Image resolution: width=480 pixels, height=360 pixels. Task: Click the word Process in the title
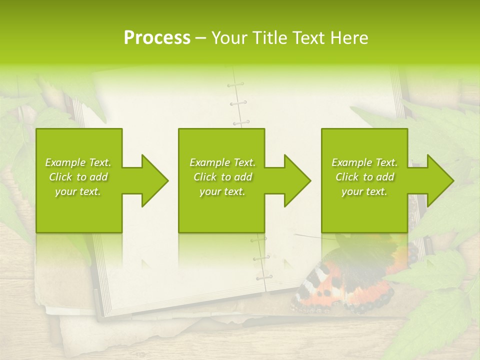click(157, 38)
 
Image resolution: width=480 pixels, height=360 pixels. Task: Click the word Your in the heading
click(230, 38)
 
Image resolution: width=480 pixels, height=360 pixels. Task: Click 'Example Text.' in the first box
click(78, 162)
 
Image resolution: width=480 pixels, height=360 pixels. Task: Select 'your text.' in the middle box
click(222, 191)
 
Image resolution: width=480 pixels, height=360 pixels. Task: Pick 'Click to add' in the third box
click(365, 177)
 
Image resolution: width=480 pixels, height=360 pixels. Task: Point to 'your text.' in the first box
click(78, 191)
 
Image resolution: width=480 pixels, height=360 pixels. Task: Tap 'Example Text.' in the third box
click(365, 162)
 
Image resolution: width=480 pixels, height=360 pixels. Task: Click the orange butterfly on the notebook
click(345, 285)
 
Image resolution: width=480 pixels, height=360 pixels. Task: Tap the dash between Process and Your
click(201, 38)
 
